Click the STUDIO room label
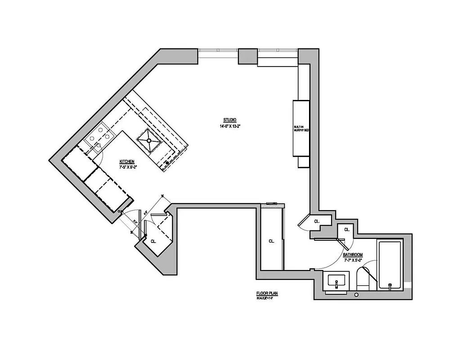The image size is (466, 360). click(230, 120)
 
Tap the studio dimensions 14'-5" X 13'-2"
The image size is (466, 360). click(230, 126)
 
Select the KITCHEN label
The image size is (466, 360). click(126, 162)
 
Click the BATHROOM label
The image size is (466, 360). click(353, 255)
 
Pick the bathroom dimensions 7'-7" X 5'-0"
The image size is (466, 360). click(353, 260)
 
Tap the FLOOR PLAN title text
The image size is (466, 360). click(267, 293)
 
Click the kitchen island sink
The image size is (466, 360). click(149, 139)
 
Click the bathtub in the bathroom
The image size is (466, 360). click(390, 266)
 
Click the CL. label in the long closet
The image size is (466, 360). click(271, 241)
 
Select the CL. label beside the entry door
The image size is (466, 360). click(153, 241)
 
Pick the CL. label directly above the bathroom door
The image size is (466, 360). click(346, 229)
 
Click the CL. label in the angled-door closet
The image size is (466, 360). click(317, 221)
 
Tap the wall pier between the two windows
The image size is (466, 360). click(246, 56)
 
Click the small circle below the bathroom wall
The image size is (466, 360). click(356, 295)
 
